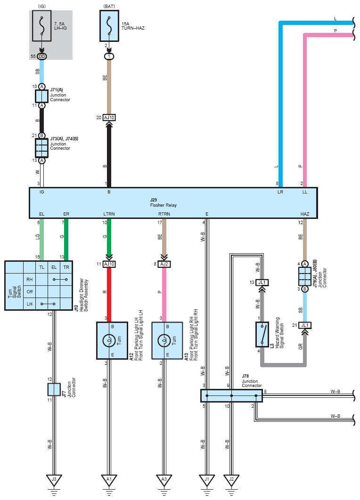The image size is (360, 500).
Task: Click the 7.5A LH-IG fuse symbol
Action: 41,26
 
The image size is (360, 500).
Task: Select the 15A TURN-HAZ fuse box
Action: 109,26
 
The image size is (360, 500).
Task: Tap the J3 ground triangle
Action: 54,480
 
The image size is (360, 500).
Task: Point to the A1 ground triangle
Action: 109,480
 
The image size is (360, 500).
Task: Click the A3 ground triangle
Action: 164,480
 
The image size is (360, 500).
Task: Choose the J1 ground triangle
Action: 207,480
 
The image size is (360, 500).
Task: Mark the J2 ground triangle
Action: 231,480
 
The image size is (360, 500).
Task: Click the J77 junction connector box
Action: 54,389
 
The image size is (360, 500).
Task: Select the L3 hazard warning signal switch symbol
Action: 262,334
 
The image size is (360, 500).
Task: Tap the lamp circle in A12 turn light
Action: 109,340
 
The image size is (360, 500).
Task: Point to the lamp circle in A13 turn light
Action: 164,340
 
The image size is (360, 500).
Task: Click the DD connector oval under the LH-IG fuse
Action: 42,56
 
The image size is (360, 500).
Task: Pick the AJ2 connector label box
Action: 164,264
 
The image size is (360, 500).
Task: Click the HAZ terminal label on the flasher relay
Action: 305,214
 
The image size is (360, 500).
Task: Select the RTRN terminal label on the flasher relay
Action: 164,214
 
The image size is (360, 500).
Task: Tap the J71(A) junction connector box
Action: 41,96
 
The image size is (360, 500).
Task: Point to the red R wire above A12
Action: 109,294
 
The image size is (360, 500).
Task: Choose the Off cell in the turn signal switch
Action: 30,291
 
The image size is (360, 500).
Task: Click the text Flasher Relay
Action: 163,205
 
